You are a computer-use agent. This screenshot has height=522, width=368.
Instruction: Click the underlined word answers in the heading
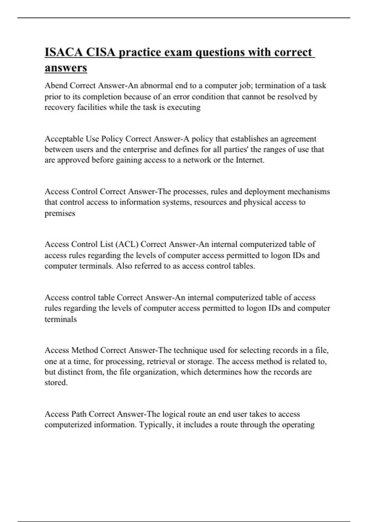[x=66, y=68]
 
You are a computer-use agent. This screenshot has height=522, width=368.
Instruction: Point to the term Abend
[x=56, y=85]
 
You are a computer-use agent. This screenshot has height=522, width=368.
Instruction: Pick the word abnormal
[x=156, y=85]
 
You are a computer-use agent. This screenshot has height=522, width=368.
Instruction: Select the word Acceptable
[x=64, y=139]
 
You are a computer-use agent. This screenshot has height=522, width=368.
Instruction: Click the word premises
[x=60, y=213]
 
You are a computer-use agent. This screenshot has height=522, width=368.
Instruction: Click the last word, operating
[x=297, y=425]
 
